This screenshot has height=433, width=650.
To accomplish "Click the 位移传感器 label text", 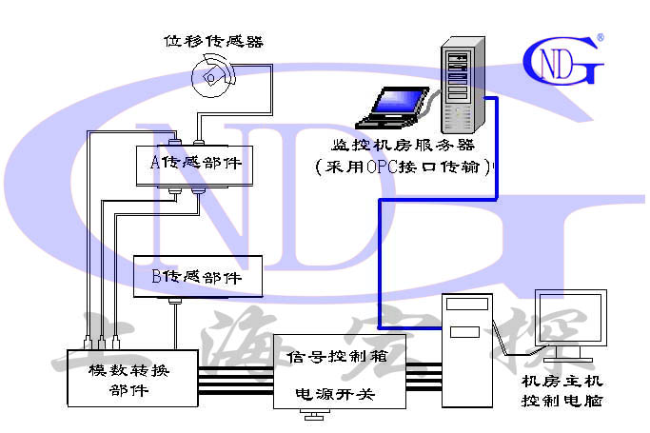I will coord(213,41).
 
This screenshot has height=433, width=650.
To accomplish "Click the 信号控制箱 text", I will coord(338,357).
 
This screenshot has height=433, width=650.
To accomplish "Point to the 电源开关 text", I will coord(339,391).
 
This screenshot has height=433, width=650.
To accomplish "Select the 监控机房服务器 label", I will coord(404,146).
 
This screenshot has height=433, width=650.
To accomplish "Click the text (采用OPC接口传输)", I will coord(404,167).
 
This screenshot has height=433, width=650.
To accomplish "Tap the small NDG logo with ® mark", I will coord(562,60).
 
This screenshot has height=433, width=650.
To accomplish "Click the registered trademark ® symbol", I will coord(600,39).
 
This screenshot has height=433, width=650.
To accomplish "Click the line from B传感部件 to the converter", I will coord(175,324).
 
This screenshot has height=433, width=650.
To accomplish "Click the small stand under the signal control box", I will coord(310,415).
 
